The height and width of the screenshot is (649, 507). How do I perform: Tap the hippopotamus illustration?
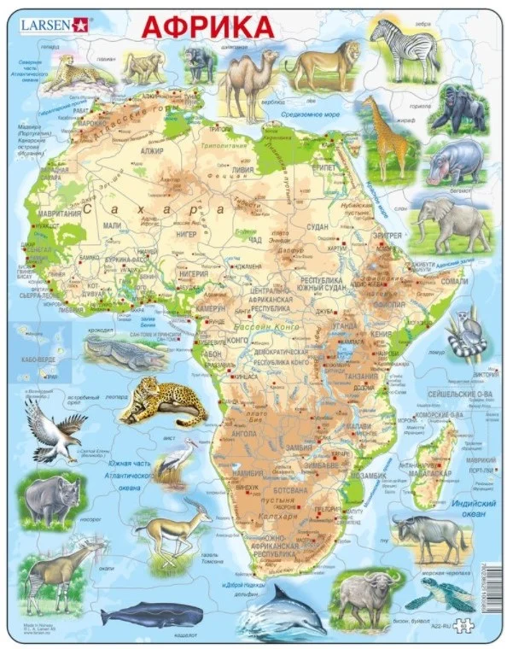point(456,161)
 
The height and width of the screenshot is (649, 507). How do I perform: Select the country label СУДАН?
point(318,227)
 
